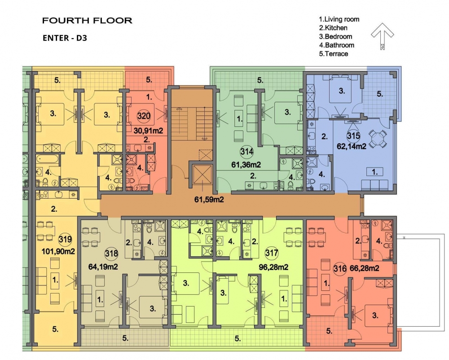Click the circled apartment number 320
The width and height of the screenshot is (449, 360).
point(144,116)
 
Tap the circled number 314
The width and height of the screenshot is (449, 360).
point(247,151)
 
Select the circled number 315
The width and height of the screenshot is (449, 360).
point(353,136)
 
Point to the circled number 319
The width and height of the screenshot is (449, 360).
point(65,239)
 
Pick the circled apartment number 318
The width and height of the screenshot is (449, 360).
point(111,253)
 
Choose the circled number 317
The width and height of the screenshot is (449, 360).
point(272,253)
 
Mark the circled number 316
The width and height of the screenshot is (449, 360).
point(340,269)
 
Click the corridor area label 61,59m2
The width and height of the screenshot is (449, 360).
point(209,200)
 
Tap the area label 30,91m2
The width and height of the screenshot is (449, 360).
point(148,131)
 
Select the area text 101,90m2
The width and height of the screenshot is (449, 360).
point(58,251)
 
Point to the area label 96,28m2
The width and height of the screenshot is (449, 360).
point(273,267)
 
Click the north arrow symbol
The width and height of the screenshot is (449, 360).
point(382,36)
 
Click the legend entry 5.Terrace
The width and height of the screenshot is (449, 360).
point(334,54)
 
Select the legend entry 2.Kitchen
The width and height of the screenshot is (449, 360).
point(333,28)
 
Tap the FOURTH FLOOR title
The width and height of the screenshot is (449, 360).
point(88,21)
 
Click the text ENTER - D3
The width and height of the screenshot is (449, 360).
point(65,38)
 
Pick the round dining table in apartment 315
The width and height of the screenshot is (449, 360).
point(378,139)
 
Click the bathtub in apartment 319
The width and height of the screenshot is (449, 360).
point(48,159)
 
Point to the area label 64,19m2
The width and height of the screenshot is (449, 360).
point(103,267)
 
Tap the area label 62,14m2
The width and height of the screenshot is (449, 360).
point(352,146)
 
